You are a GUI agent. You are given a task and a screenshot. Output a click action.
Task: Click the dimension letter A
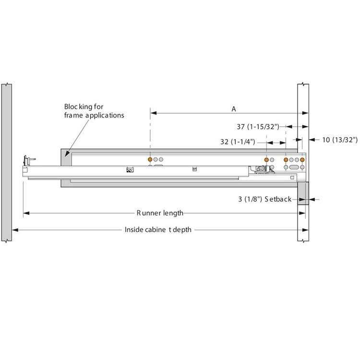(234, 109)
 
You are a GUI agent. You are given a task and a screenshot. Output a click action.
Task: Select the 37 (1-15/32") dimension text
(258, 127)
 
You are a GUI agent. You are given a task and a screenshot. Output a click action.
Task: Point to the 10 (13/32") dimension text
(339, 140)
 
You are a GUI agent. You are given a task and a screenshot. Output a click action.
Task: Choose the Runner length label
(159, 213)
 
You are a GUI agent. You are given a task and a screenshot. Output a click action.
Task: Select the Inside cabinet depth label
(158, 229)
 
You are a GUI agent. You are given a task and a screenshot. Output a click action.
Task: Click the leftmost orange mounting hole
(150, 159)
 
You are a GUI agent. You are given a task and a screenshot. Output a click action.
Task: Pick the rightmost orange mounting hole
(303, 159)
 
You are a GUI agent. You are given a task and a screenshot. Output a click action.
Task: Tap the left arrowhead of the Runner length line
(25, 213)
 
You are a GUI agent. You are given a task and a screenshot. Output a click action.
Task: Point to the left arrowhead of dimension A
(153, 113)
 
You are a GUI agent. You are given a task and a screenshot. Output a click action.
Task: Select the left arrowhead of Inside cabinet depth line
(15, 229)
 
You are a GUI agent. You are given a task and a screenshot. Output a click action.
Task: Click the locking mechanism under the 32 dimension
(262, 168)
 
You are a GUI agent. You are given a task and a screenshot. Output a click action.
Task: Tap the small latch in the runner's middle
(129, 169)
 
